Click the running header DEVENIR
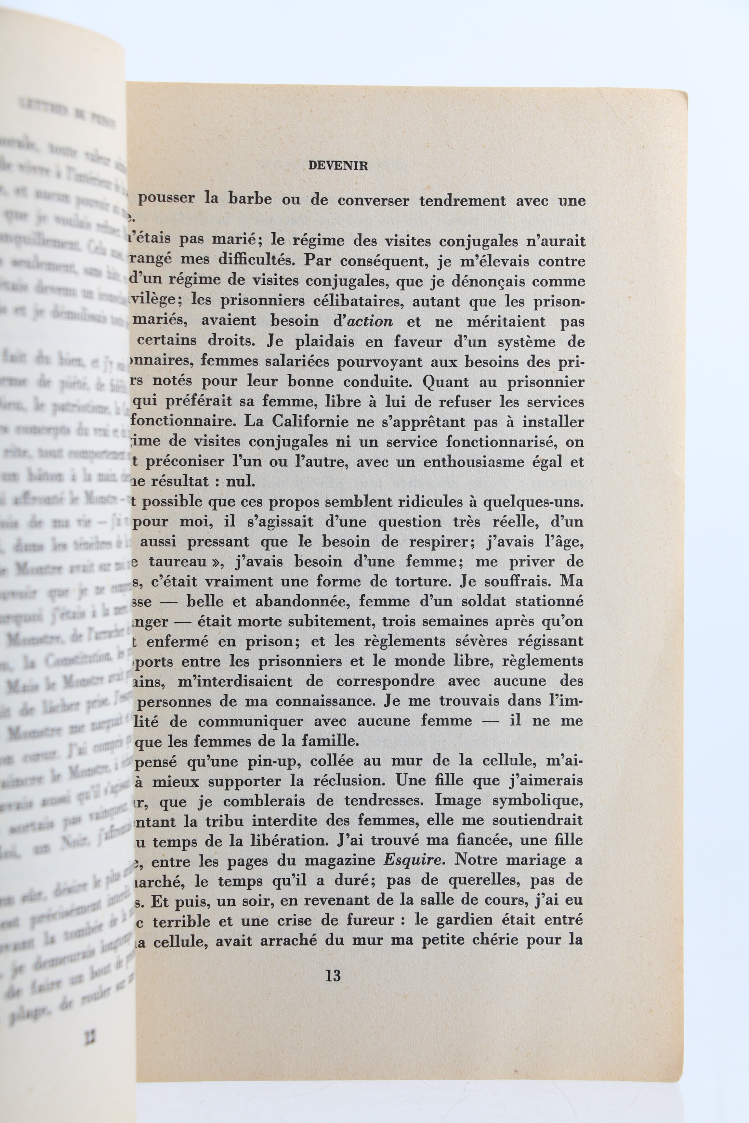pyautogui.click(x=338, y=166)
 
